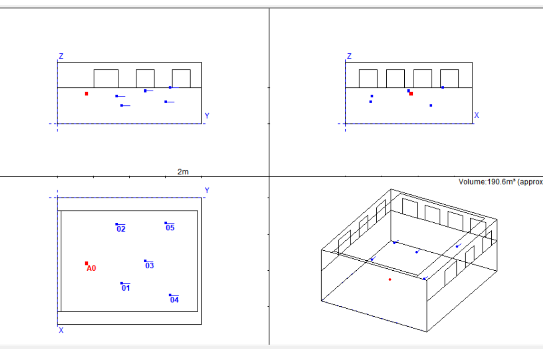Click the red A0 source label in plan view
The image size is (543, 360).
(91, 268)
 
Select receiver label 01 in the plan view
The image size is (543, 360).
(126, 288)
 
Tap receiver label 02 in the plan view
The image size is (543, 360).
(121, 229)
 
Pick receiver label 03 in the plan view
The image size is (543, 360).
(149, 265)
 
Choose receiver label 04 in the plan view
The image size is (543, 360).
(174, 300)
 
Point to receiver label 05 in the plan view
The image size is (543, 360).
(170, 227)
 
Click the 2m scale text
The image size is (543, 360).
(183, 172)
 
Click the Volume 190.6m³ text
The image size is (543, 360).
(501, 182)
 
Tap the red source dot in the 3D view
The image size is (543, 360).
(390, 279)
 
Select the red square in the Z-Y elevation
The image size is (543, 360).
(86, 94)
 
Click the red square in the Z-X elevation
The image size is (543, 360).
(411, 94)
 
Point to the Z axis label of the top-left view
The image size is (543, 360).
(61, 56)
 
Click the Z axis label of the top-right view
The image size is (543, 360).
(349, 56)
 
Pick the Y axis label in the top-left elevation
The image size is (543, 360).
(207, 115)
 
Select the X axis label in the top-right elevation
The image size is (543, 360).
(476, 115)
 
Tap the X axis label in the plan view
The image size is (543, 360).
(61, 330)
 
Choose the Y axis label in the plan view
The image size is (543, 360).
(207, 190)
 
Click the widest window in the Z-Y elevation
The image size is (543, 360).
(106, 78)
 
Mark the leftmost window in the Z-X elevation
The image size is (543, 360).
(368, 78)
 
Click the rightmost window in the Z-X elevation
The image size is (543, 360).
(449, 78)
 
